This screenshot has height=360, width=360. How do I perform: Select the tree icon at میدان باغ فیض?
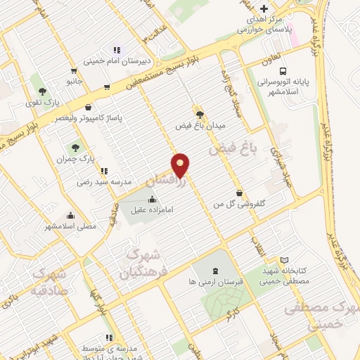click(x=200, y=113)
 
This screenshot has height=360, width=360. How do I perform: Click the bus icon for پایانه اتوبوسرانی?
click(x=283, y=71)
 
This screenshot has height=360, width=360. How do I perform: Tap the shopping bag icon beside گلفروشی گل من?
click(x=239, y=193)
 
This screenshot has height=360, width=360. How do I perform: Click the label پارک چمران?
click(x=76, y=160)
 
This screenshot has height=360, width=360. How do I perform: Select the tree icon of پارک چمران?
click(x=76, y=148)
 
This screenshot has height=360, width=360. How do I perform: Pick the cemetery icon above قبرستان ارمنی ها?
click(x=214, y=270)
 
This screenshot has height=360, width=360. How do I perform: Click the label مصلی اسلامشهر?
click(x=70, y=227)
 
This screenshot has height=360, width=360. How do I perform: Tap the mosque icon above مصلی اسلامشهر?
click(x=70, y=216)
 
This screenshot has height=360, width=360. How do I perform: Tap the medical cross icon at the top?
click(x=264, y=8)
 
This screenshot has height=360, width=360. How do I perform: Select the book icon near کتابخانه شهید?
click(x=284, y=260)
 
